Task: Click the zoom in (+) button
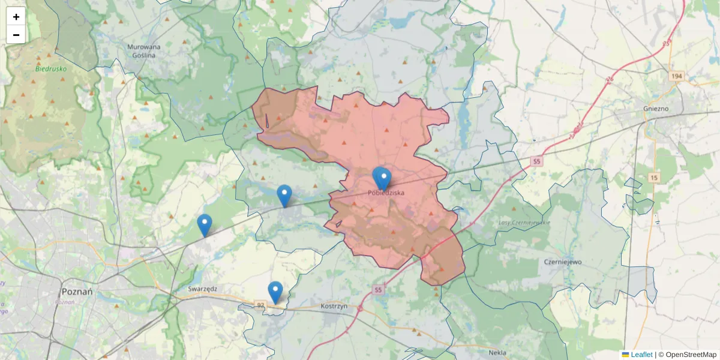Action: pyautogui.click(x=16, y=17)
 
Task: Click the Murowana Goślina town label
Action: pyautogui.click(x=144, y=50)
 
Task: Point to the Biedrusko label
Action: pyautogui.click(x=51, y=68)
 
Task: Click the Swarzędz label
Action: pyautogui.click(x=202, y=288)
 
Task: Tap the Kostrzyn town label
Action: pyautogui.click(x=334, y=306)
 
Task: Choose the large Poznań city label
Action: pyautogui.click(x=77, y=292)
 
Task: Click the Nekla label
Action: pyautogui.click(x=497, y=353)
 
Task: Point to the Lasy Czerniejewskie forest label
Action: pyautogui.click(x=524, y=223)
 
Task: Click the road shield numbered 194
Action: pyautogui.click(x=677, y=76)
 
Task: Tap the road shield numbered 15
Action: pyautogui.click(x=653, y=178)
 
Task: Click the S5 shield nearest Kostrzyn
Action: pyautogui.click(x=377, y=290)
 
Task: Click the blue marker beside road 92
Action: pyautogui.click(x=275, y=292)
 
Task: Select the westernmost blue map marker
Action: pyautogui.click(x=205, y=224)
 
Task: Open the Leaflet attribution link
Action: pyautogui.click(x=641, y=355)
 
